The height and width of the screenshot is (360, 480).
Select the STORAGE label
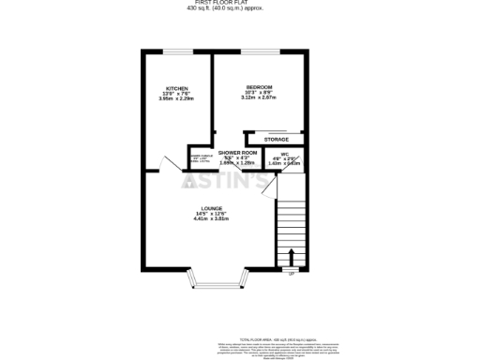(x=276, y=139)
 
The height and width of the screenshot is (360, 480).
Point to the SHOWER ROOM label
(x=238, y=152)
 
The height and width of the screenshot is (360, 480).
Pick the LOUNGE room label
(x=211, y=208)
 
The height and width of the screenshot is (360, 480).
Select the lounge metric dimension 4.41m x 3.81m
(x=211, y=218)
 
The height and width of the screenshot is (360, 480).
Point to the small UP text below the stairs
(x=291, y=274)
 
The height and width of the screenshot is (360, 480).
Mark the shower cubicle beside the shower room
(x=201, y=160)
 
